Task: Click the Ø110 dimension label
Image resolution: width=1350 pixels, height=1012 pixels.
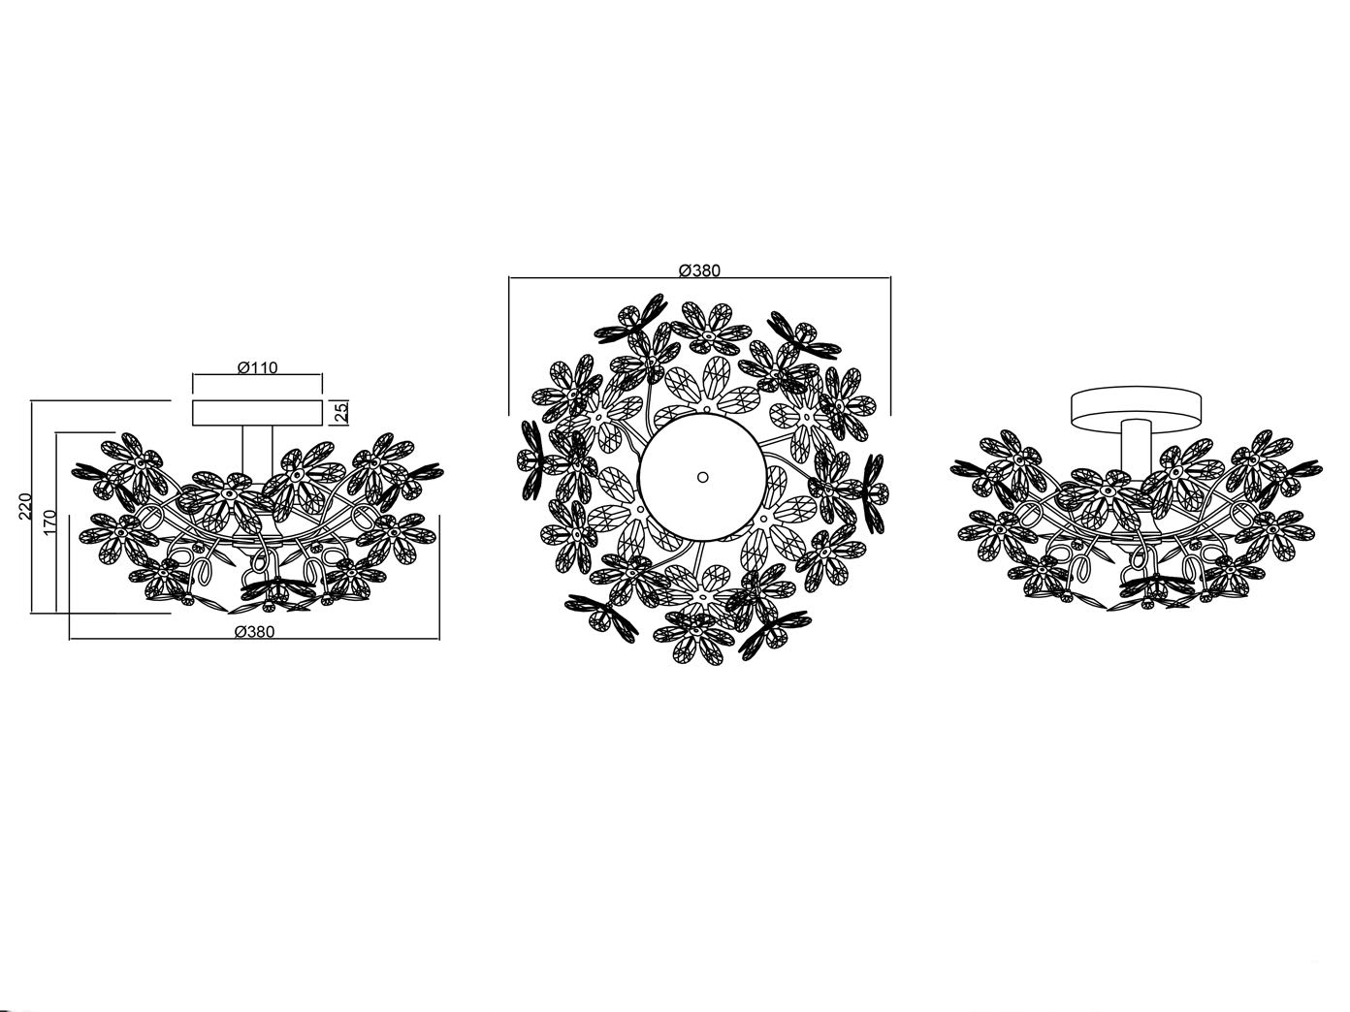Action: point(258,367)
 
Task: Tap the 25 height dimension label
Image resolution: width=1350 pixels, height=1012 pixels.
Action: point(342,412)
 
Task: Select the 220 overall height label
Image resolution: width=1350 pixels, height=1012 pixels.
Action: point(25,506)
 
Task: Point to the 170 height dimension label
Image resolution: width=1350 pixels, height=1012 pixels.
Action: point(50,522)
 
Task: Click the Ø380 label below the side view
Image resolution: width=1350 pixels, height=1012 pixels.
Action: point(255,631)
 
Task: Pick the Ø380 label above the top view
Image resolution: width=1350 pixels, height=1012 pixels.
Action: point(699,270)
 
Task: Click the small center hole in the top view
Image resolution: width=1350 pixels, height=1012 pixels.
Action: point(703,477)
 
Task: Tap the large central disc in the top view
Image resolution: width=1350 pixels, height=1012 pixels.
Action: point(703,478)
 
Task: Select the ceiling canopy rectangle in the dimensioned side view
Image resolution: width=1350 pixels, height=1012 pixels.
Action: point(257,412)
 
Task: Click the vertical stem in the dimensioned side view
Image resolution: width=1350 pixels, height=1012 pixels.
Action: point(257,452)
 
